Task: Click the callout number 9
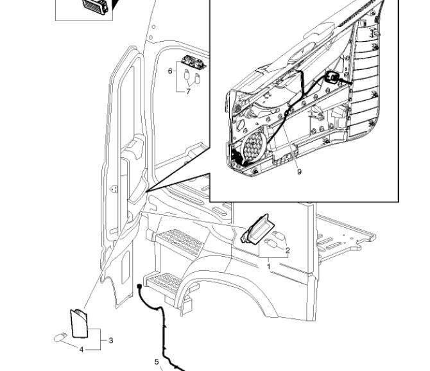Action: [x=299, y=171]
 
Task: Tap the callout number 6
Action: [x=170, y=71]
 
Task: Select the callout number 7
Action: [x=188, y=92]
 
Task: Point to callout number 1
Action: [x=268, y=265]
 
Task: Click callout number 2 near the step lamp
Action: [x=288, y=250]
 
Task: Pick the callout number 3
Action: [x=111, y=340]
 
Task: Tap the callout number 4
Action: [x=82, y=349]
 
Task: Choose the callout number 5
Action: [x=157, y=361]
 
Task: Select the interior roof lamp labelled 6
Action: [x=193, y=62]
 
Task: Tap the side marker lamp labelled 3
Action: [x=78, y=324]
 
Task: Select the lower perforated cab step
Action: [x=165, y=280]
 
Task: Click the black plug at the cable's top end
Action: [x=139, y=287]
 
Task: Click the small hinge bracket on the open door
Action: [x=114, y=189]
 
